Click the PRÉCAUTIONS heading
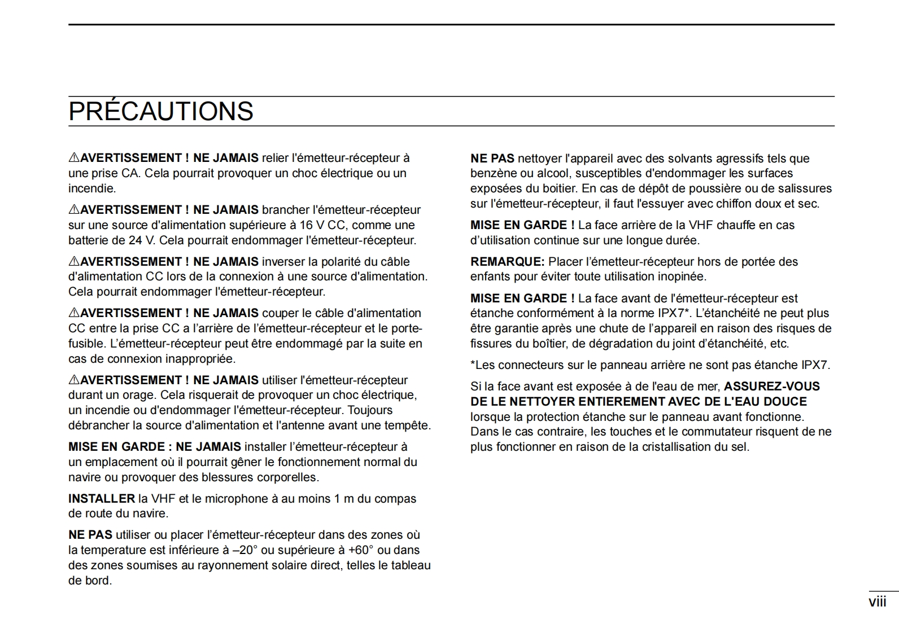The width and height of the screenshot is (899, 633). coord(161,111)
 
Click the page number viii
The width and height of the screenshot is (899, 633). coord(877,602)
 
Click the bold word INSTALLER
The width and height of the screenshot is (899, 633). coord(102,499)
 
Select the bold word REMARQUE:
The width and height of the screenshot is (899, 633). coord(507,262)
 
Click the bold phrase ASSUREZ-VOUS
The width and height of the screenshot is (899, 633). coord(771,386)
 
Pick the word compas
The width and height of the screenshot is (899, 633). coord(398,499)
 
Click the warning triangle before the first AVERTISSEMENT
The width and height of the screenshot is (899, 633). coord(74,158)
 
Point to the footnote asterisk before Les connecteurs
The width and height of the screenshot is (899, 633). coord(473,364)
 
